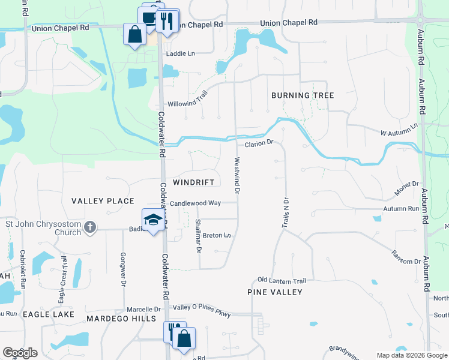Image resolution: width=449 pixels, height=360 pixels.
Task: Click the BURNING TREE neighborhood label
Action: point(303,95)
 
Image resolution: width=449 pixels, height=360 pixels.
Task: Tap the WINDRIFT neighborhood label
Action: point(193,181)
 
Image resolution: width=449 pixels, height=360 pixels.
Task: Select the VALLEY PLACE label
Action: point(103,200)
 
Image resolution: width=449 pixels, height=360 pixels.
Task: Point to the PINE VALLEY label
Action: point(275,292)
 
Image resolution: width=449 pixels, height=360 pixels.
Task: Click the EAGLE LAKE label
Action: point(48,314)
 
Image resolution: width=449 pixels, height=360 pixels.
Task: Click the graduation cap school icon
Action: point(153,218)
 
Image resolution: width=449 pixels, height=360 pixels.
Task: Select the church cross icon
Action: point(90,227)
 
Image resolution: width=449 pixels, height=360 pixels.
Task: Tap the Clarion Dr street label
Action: point(259,143)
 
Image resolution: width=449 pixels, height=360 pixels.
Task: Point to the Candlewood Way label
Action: point(195,203)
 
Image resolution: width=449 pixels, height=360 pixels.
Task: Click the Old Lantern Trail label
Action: point(282,280)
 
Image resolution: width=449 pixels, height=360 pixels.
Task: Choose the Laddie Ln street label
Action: point(181,53)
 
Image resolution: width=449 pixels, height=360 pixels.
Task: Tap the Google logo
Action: point(20,353)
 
